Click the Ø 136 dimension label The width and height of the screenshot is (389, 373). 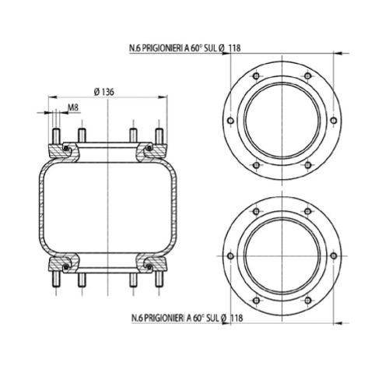(103, 92)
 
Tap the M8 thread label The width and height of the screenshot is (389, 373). (73, 107)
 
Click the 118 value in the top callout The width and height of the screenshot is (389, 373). (234, 48)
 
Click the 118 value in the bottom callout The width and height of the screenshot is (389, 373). (237, 318)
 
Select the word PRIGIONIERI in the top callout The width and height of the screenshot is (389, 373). (163, 48)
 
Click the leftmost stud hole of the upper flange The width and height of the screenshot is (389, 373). (230, 121)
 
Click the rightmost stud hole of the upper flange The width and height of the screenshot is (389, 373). (334, 121)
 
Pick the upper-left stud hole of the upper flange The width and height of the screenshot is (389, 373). (256, 76)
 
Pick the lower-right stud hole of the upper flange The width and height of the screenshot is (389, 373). (308, 165)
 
